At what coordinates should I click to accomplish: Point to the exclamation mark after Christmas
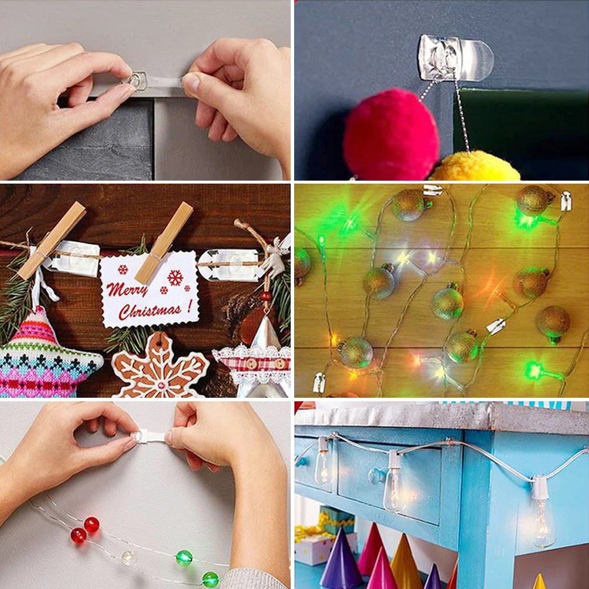click(x=189, y=305)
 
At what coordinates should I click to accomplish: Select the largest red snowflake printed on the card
click(x=175, y=277)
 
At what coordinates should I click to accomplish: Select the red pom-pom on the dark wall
click(x=391, y=135)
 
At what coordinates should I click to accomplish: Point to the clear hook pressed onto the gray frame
click(x=138, y=81)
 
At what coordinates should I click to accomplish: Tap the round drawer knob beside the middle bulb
click(x=376, y=475)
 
